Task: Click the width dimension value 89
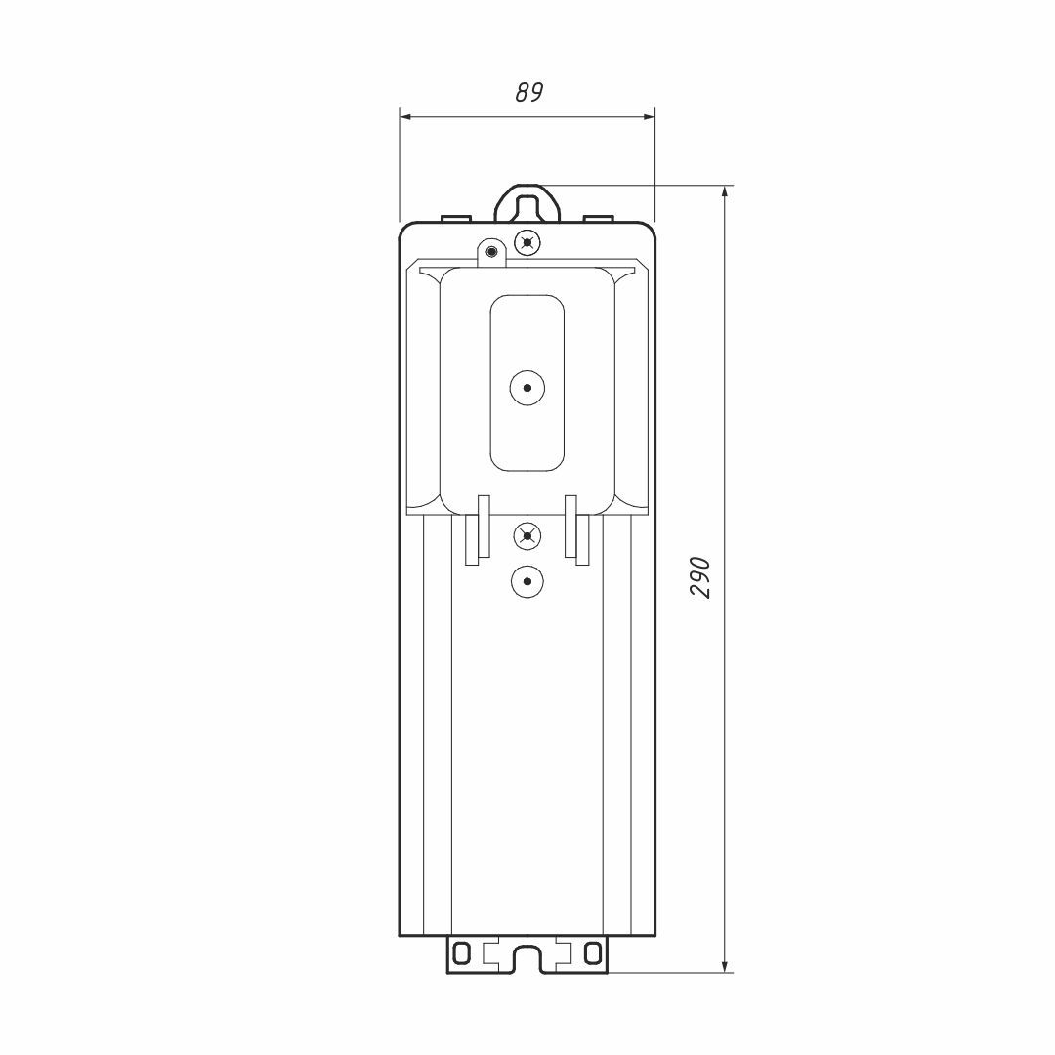[x=528, y=92]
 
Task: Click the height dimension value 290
[x=700, y=577]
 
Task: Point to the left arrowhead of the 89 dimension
[x=406, y=117]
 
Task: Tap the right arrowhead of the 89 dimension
[x=649, y=117]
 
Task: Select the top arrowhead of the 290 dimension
[x=725, y=191]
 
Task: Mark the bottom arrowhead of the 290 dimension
[x=725, y=965]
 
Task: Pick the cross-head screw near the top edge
[x=527, y=242]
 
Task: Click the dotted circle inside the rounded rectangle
[x=527, y=388]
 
